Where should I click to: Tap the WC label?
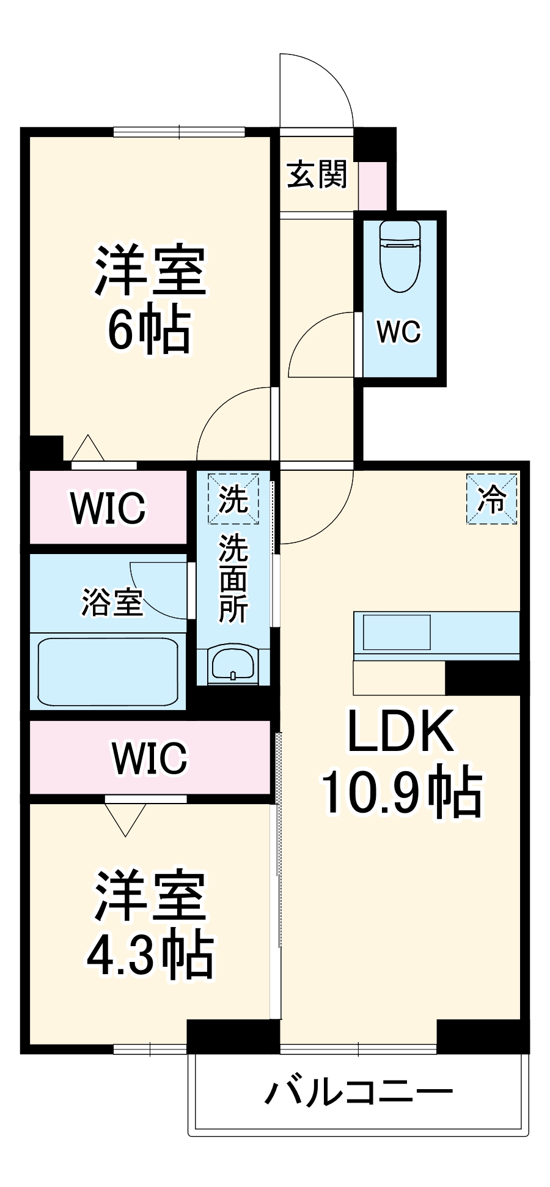[398, 332]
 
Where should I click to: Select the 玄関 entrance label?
[317, 175]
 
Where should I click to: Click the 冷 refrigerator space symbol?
[492, 498]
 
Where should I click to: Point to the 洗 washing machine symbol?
[233, 498]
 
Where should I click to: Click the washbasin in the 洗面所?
[233, 664]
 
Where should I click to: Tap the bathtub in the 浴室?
[108, 671]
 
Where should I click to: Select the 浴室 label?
[112, 602]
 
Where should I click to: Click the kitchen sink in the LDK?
[397, 632]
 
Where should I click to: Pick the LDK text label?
[400, 731]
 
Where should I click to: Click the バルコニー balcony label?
[359, 1092]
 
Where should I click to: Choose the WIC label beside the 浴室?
[108, 507]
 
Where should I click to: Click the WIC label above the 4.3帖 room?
[150, 758]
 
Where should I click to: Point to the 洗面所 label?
[233, 578]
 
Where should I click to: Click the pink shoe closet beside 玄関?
[372, 185]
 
